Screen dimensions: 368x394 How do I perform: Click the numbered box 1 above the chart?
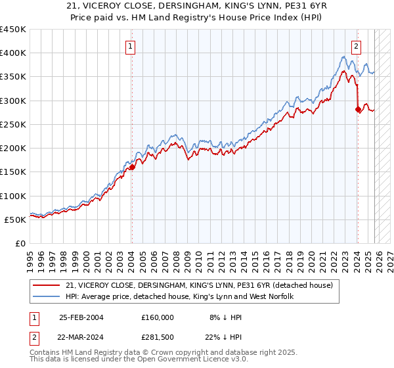(x=131, y=46)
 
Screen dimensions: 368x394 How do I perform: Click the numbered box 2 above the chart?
(x=356, y=46)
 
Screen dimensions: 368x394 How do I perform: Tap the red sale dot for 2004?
(x=132, y=167)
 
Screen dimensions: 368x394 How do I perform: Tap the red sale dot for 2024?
(x=358, y=110)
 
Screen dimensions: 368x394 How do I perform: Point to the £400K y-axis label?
(x=13, y=53)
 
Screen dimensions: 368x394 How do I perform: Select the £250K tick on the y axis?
(x=13, y=125)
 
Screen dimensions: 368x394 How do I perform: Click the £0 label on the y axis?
(x=21, y=244)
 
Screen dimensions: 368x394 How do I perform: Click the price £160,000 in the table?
(x=158, y=317)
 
